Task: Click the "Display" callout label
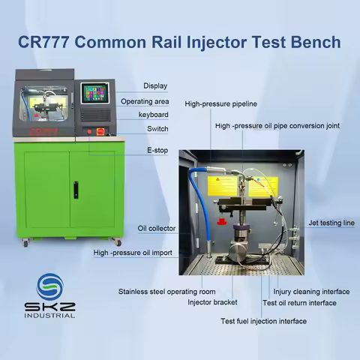coord(155,86)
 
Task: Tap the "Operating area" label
coord(145,101)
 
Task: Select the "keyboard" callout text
coord(153,115)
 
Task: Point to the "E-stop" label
coord(157,150)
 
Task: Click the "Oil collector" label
coord(157,228)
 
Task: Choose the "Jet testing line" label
coord(331,223)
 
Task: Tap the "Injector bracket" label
coord(212,302)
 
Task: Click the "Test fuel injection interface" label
coord(263,321)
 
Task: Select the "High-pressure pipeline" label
coord(220,103)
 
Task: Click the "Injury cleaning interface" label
coord(311,292)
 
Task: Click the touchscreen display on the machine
coord(95,93)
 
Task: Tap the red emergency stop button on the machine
coord(100,131)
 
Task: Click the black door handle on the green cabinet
coord(76,190)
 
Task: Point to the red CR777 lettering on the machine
coord(43,132)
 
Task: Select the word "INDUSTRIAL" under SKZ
coord(49,316)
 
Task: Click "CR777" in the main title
coord(43,42)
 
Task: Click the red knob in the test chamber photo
coord(221,221)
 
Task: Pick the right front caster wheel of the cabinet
coord(117,242)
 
